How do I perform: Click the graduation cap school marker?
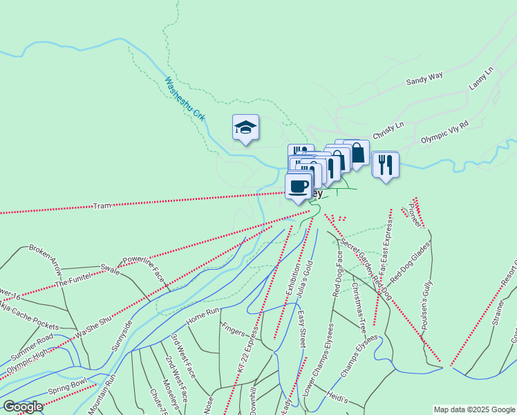pyautogui.click(x=245, y=127)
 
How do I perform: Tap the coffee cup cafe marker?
pyautogui.click(x=299, y=186)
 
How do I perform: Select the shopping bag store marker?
pyautogui.click(x=357, y=152)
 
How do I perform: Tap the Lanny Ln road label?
pyautogui.click(x=482, y=77)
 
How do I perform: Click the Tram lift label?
pyautogui.click(x=102, y=206)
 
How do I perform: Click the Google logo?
pyautogui.click(x=23, y=407)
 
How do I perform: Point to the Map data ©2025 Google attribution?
pyautogui.click(x=473, y=409)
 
